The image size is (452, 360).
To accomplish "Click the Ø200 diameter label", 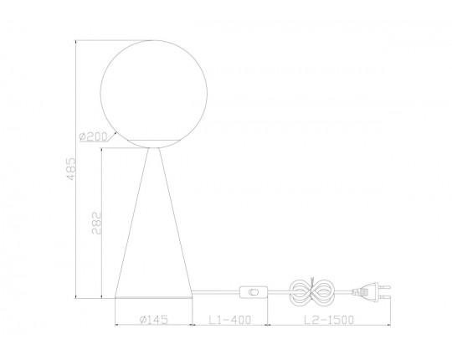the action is click(x=93, y=136).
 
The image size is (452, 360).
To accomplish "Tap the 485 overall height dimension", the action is click(x=71, y=168).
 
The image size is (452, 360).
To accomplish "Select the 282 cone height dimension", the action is click(x=97, y=223).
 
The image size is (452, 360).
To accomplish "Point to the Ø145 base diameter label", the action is click(x=153, y=319).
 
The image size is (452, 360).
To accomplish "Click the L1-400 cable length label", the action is click(x=229, y=319).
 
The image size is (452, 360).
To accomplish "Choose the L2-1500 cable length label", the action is click(x=329, y=319).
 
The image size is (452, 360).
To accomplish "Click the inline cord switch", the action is click(x=254, y=292).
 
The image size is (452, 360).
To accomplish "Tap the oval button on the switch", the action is click(x=254, y=292).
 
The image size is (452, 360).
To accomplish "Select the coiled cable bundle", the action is click(x=311, y=291).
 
